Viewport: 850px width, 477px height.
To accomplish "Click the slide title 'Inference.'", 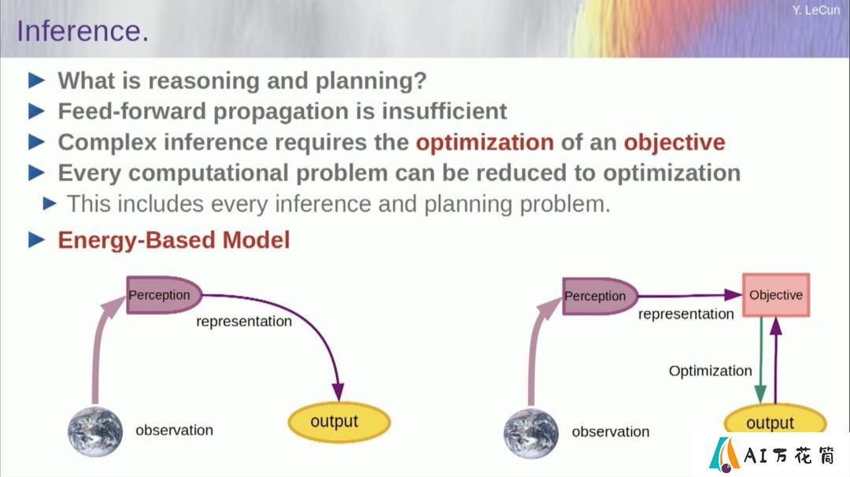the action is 83,31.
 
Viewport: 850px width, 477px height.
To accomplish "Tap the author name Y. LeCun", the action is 815,10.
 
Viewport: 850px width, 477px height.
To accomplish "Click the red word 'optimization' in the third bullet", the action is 485,142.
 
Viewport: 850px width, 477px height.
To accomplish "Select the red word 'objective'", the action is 674,142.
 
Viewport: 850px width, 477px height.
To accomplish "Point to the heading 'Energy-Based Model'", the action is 174,240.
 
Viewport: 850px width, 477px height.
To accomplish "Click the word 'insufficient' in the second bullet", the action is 445,111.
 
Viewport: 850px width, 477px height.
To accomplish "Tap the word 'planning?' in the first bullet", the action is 371,81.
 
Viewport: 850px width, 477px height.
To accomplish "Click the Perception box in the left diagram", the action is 164,295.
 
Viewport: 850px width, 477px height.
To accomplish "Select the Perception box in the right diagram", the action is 600,296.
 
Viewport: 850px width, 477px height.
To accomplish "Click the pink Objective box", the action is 776,295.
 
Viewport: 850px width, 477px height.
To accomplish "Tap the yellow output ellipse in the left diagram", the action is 338,422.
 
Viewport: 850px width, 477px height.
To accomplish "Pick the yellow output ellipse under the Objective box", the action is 775,420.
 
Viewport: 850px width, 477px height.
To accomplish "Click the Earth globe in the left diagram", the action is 95,432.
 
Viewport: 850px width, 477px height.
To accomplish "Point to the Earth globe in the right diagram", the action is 531,434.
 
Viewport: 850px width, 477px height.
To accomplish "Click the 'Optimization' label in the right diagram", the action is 710,371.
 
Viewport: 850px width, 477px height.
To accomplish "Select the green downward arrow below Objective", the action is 761,360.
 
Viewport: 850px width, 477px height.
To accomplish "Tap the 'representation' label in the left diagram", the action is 244,321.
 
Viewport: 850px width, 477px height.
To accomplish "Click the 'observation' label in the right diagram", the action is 611,431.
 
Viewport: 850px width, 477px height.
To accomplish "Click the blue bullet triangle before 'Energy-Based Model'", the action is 36,239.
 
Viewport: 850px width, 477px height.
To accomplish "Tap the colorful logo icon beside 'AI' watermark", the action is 724,454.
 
